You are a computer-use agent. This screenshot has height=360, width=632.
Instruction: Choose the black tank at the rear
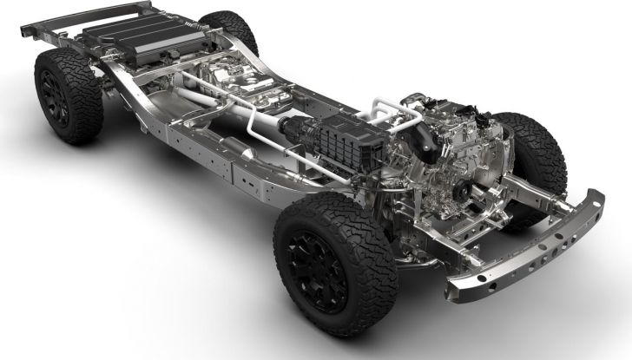point(130,35)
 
